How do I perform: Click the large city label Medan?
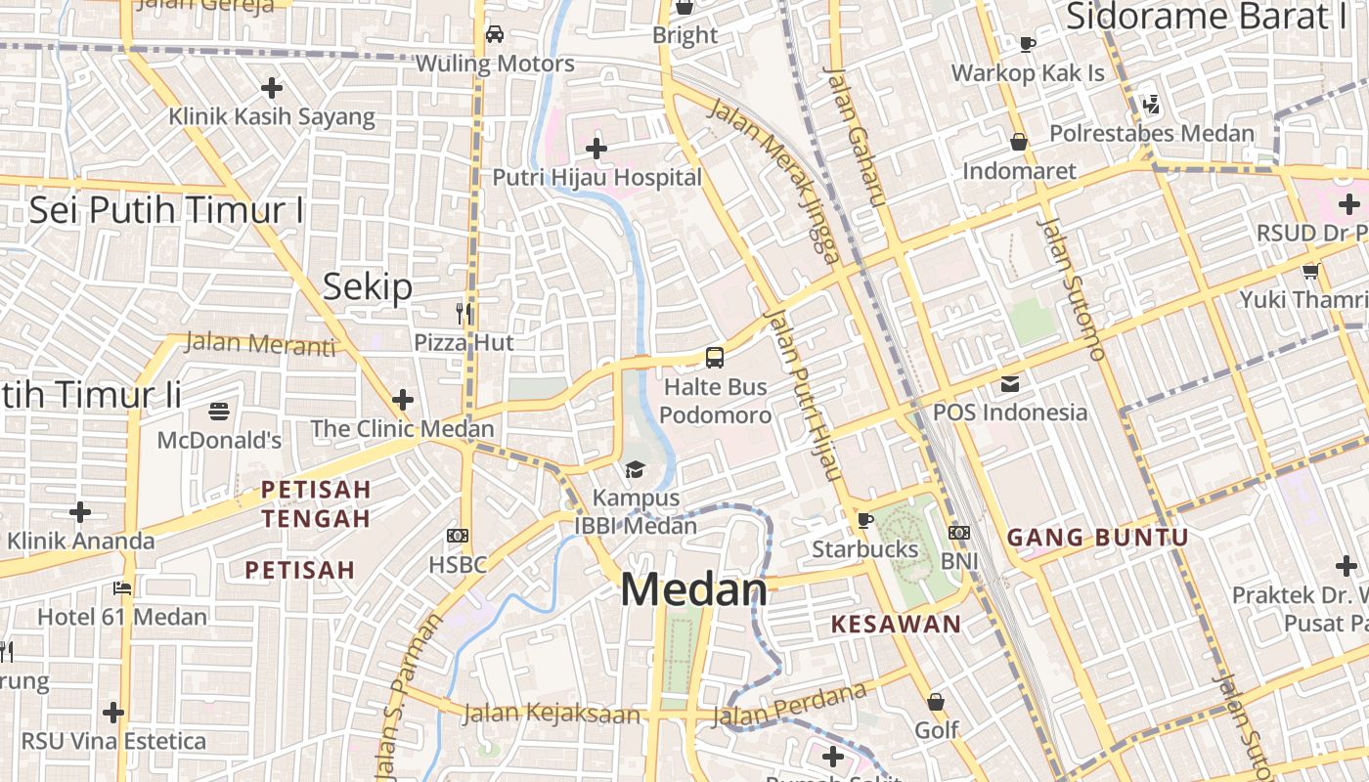click(x=694, y=589)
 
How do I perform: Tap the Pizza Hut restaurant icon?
click(x=464, y=314)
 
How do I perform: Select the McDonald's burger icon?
click(x=219, y=412)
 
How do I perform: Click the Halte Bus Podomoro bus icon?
click(x=715, y=358)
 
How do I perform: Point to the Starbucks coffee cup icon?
click(x=864, y=520)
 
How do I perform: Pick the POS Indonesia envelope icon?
click(x=1009, y=383)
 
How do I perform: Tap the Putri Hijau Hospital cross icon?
click(x=596, y=149)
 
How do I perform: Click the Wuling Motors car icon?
click(x=495, y=34)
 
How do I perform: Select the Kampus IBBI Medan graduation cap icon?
click(x=636, y=470)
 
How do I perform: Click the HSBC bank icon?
click(x=458, y=536)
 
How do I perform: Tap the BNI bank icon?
click(x=959, y=533)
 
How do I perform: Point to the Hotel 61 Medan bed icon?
click(x=122, y=588)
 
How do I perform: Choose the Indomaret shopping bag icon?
click(x=1019, y=143)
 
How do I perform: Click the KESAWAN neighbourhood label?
click(x=896, y=624)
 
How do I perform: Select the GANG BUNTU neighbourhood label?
click(x=1097, y=537)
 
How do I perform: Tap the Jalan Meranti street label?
click(x=259, y=343)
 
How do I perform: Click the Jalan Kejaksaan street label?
click(x=551, y=714)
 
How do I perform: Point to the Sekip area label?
click(x=368, y=287)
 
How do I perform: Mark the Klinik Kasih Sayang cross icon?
click(x=272, y=88)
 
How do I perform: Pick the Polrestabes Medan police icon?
click(x=1151, y=105)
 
